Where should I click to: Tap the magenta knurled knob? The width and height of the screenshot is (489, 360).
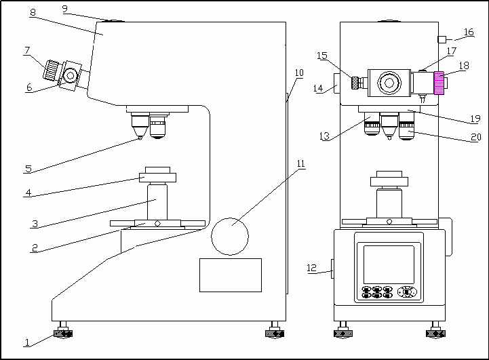point(439,83)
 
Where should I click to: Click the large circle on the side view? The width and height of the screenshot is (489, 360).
point(231,236)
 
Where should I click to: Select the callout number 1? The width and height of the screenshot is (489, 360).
point(27,343)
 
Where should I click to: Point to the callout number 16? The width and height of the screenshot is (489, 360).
point(469,32)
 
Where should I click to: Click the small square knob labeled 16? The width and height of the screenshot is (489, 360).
point(441,39)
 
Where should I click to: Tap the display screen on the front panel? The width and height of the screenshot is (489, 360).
point(389,264)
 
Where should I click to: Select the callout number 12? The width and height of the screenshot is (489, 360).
point(311,268)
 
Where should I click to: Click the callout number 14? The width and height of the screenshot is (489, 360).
point(318,88)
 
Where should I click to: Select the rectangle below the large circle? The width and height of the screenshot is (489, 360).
point(230,275)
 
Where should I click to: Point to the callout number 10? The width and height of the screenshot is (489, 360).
point(299,73)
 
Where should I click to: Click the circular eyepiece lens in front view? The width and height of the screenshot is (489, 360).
point(389,83)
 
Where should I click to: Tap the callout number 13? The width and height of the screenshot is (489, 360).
point(324,137)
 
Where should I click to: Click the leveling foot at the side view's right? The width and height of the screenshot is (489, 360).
point(273,332)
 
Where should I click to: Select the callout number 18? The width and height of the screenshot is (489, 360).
point(464,66)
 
